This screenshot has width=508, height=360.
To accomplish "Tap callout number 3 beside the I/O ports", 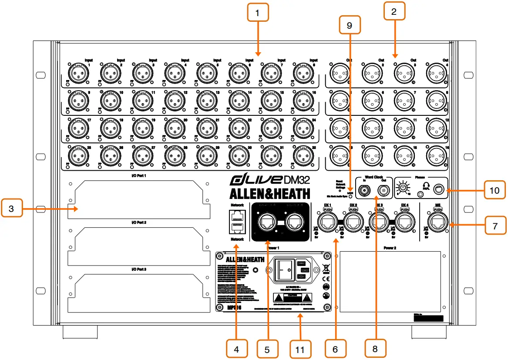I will tap(12, 209).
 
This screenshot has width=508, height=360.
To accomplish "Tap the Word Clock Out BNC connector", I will tap(384, 190).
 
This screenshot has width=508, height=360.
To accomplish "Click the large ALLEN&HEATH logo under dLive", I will tap(270, 194).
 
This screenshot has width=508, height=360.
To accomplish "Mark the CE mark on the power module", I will tap(325, 278).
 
